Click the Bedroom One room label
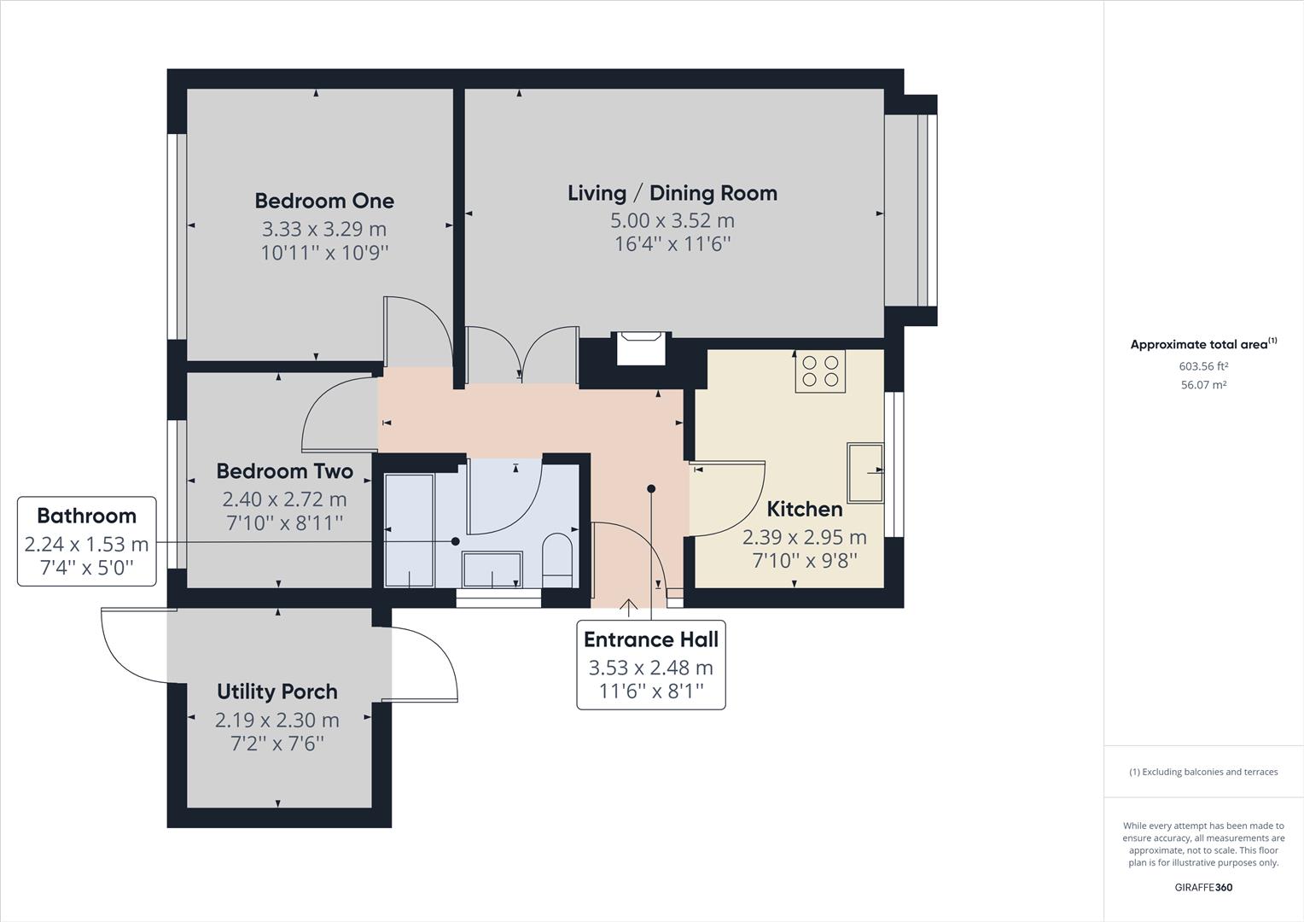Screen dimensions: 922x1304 (324, 201)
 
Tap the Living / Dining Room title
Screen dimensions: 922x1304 (672, 193)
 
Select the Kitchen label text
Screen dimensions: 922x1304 (804, 510)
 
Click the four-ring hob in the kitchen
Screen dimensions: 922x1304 (820, 371)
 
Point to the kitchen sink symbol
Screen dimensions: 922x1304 (864, 472)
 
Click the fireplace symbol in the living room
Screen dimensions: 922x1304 (640, 347)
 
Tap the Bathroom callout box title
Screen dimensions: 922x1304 (86, 516)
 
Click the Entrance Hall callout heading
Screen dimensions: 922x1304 (650, 639)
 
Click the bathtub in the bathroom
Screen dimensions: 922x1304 (409, 530)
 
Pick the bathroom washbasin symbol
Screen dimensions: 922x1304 (492, 569)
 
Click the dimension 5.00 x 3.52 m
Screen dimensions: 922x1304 (672, 220)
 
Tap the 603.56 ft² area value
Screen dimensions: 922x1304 (1203, 366)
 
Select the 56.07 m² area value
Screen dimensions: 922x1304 (1203, 385)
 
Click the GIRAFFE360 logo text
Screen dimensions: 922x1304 (1203, 887)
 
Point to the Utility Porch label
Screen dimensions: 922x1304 (277, 691)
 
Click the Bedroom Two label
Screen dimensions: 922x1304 (284, 471)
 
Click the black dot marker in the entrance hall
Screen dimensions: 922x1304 (651, 489)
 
